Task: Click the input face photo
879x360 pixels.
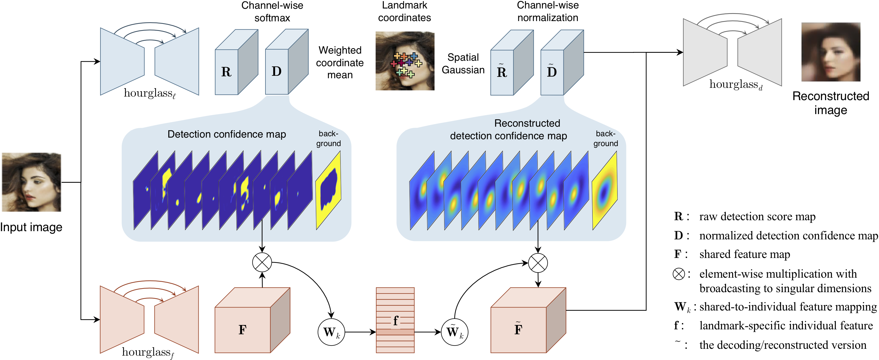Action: point(31,182)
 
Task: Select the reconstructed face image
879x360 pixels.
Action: point(831,52)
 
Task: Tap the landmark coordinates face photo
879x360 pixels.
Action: point(405,61)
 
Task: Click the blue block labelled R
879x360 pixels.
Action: point(227,72)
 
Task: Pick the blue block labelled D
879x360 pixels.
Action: point(277,71)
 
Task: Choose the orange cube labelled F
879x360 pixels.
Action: point(243,329)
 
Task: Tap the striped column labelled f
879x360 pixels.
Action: point(395,320)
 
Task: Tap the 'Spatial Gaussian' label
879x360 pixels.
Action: point(463,63)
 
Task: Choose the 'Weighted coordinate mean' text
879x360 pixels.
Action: point(340,62)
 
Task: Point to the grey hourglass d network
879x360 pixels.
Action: point(732,52)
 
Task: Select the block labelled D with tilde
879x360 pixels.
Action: point(552,72)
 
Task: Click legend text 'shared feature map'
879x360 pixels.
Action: point(745,254)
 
